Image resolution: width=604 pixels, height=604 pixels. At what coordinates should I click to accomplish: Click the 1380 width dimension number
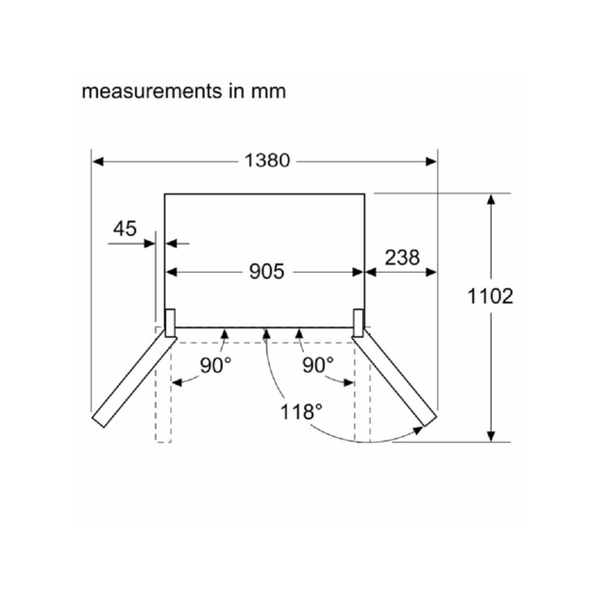point(267,160)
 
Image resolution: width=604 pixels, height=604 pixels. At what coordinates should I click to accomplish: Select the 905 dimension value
point(266,272)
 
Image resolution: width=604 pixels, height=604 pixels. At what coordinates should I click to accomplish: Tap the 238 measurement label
point(402,258)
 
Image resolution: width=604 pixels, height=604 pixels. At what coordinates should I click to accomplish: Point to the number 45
point(125,228)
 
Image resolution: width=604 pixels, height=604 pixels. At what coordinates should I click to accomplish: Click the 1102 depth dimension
point(490,296)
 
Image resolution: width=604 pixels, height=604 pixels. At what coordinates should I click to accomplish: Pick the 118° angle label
point(301,411)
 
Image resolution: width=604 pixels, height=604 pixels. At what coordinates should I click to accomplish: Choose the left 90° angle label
point(216,365)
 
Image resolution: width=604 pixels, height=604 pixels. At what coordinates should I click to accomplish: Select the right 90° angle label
point(318,365)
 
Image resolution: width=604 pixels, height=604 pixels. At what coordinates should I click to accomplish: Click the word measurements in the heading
point(152,92)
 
